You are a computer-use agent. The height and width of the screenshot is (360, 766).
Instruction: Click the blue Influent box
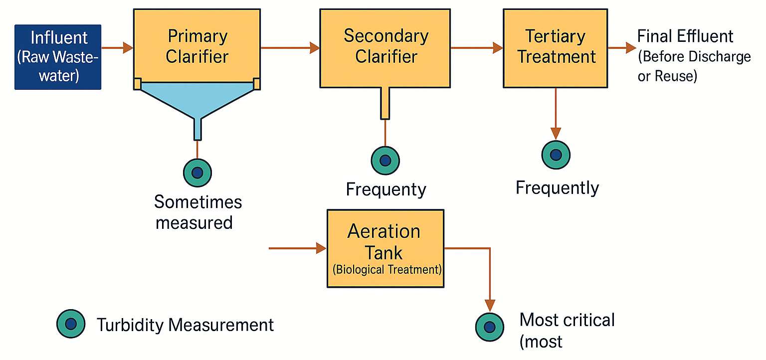click(58, 57)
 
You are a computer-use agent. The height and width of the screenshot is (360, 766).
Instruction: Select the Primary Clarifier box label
click(197, 46)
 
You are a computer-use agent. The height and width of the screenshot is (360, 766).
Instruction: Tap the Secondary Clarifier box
click(385, 48)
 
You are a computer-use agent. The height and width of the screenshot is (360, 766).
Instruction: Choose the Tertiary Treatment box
click(556, 48)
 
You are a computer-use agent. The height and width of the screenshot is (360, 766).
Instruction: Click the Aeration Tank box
click(385, 248)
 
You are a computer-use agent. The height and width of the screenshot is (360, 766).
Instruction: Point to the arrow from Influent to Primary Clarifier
click(117, 47)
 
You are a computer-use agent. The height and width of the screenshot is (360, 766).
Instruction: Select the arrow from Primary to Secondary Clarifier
click(290, 47)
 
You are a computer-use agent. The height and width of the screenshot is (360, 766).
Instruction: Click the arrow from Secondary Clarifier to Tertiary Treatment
click(477, 47)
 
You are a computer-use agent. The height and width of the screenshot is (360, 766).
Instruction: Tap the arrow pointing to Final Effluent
click(622, 47)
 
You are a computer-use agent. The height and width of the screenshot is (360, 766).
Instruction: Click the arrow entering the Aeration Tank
click(298, 248)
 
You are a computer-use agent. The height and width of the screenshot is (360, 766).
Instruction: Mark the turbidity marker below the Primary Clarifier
click(197, 173)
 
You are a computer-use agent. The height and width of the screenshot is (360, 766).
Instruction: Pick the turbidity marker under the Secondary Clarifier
click(385, 161)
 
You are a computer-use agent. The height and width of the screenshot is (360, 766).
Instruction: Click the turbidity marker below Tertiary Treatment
click(556, 155)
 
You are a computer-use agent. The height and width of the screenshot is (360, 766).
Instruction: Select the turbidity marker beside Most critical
click(490, 327)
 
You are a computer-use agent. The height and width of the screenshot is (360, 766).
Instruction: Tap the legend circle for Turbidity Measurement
click(71, 324)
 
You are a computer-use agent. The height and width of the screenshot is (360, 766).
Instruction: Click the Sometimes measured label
click(197, 212)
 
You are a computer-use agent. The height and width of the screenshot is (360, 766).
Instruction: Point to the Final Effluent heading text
click(685, 36)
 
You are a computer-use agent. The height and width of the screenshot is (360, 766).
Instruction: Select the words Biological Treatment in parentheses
click(387, 269)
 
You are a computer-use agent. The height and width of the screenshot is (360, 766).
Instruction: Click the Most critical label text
click(567, 320)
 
